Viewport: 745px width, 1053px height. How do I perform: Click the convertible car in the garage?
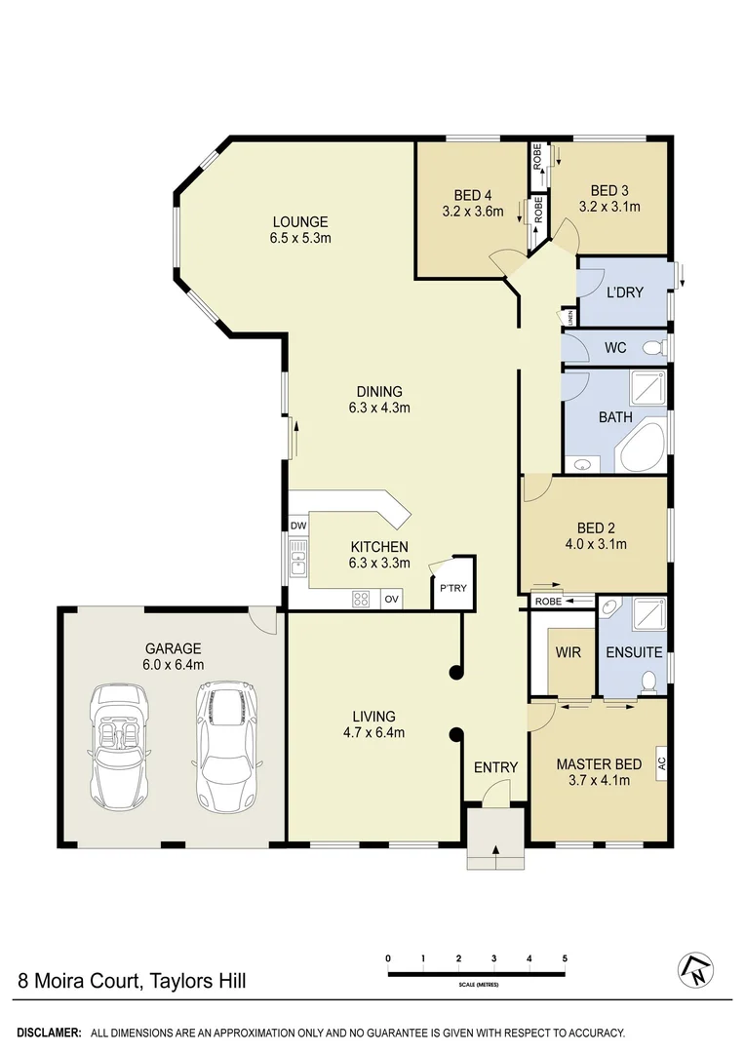tap(119, 746)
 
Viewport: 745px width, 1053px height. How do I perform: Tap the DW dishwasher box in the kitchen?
tap(298, 526)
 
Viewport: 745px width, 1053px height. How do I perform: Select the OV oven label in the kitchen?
tap(391, 600)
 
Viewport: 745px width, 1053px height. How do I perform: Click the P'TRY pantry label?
tap(453, 589)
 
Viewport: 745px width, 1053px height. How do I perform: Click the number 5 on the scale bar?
tap(565, 958)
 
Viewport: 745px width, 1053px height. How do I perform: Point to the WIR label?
tap(568, 651)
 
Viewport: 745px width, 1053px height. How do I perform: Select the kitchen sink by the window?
tap(298, 561)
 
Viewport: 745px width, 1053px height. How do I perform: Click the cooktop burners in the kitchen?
tap(361, 600)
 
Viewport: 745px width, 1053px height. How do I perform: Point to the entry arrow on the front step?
tap(496, 854)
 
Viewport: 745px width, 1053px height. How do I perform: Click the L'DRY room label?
tap(624, 292)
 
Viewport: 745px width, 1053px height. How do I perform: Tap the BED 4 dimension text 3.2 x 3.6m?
tap(472, 211)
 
